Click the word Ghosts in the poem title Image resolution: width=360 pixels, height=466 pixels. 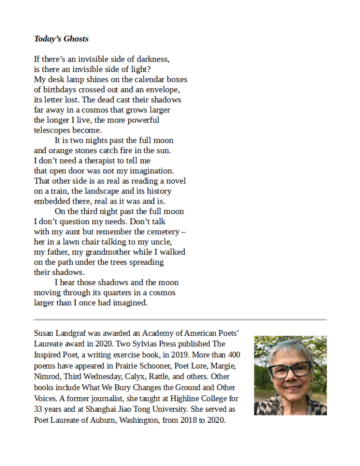(76, 39)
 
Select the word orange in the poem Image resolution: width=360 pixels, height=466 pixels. (61, 150)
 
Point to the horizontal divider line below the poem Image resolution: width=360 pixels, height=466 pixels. (180, 320)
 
